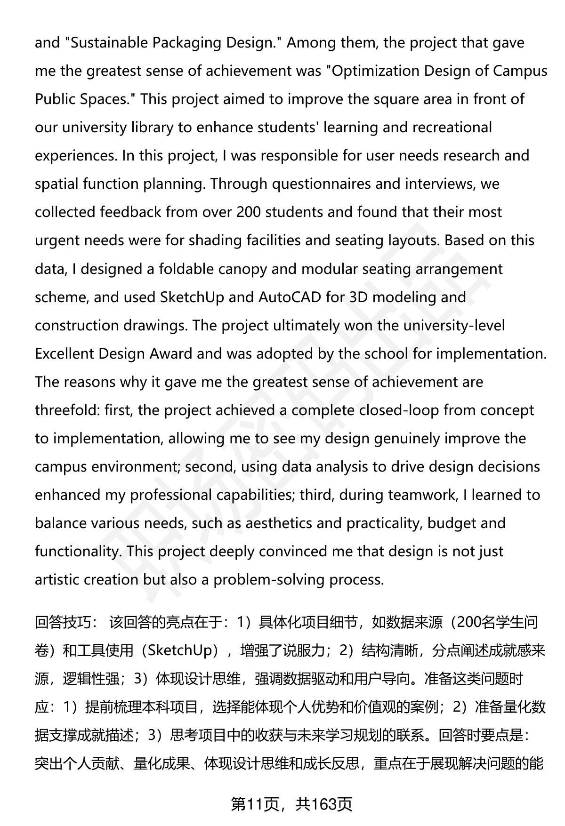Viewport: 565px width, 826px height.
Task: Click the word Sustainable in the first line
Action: click(x=108, y=43)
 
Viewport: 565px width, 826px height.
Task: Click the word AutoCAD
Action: click(x=290, y=297)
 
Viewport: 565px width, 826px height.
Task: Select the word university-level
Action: click(x=443, y=325)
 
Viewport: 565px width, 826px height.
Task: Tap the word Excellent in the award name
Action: click(x=65, y=353)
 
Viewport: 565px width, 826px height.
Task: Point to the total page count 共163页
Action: click(x=323, y=804)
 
